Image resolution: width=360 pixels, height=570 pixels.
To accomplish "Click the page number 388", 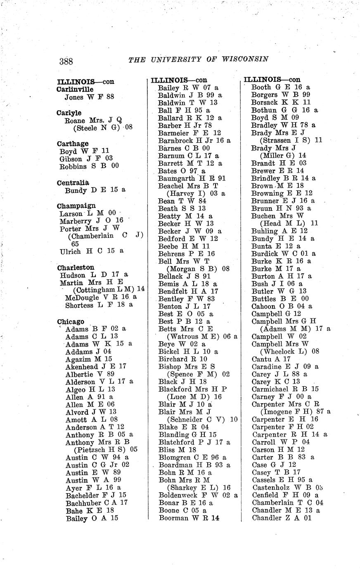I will coord(66,62).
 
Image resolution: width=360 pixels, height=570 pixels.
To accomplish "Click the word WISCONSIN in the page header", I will coord(245,59).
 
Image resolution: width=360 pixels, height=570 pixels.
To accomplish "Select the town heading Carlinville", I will coord(75,89).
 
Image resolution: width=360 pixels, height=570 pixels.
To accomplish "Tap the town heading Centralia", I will coord(73,183).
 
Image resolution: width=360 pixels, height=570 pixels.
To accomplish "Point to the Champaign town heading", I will coord(76,206).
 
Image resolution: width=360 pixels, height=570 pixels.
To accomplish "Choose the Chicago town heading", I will coord(71,322).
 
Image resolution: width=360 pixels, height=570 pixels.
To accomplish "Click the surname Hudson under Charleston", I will coord(73,275).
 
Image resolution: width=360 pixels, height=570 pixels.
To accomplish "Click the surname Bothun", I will coord(264,110).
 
